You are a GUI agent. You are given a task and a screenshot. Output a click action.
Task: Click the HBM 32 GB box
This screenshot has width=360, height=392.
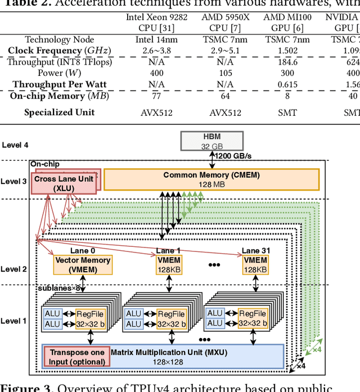[212, 141]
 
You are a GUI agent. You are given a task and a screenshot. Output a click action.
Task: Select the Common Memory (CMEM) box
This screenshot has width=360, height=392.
[211, 179]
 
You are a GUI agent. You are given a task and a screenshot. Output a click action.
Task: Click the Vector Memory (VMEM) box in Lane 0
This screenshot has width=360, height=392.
[83, 265]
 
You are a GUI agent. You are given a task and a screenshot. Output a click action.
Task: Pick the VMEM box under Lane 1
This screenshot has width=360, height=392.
[168, 265]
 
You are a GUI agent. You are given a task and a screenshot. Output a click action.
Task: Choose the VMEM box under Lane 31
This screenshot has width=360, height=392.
[255, 265]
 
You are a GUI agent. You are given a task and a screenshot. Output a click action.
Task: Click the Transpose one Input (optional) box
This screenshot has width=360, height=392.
[76, 357]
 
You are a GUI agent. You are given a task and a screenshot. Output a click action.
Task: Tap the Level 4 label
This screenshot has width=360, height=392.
[15, 145]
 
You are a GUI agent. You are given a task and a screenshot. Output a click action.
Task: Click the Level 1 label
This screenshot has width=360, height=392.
[13, 321]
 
